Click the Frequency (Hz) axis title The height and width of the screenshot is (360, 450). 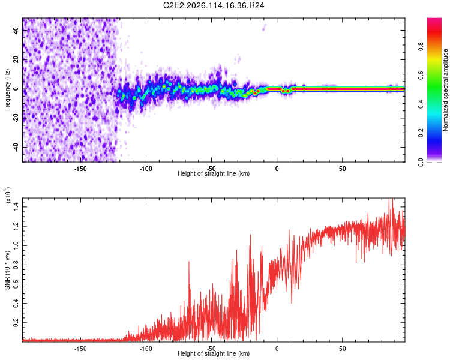[8, 90]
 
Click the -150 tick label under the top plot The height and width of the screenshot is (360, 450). [80, 168]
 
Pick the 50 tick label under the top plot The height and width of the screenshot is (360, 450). [342, 168]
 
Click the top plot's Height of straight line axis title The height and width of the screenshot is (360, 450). [214, 174]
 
